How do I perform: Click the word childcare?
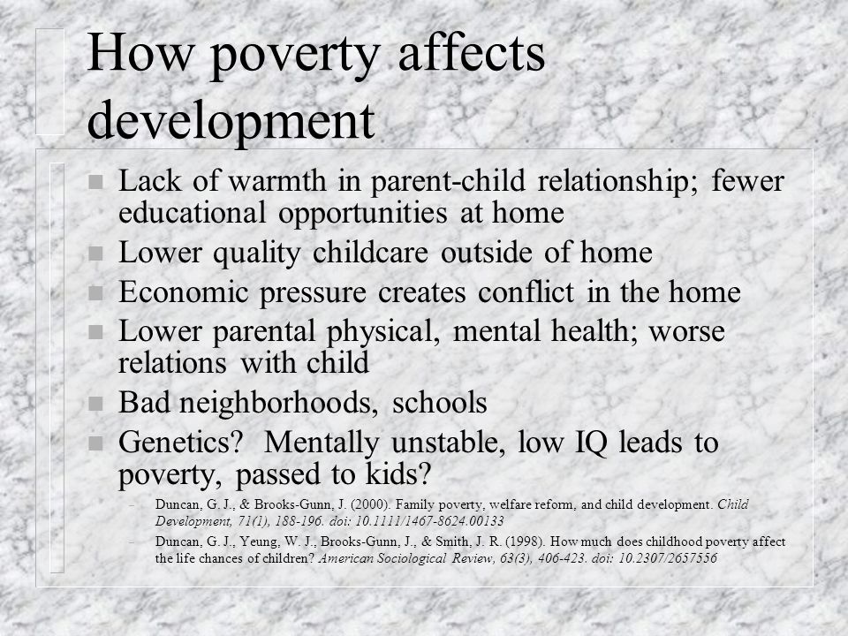click(x=370, y=253)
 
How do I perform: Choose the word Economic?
click(x=183, y=292)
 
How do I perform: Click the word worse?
click(x=687, y=333)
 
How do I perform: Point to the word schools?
click(x=440, y=403)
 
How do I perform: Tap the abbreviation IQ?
click(x=591, y=443)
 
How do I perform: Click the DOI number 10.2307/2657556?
click(x=668, y=558)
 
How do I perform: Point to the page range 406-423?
click(x=562, y=558)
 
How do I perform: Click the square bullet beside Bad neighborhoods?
click(x=95, y=404)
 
